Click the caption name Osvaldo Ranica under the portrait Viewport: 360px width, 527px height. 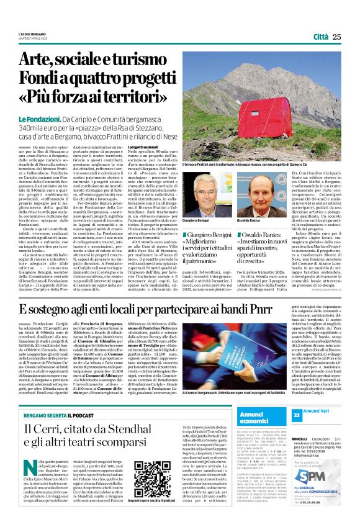tap(248, 220)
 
